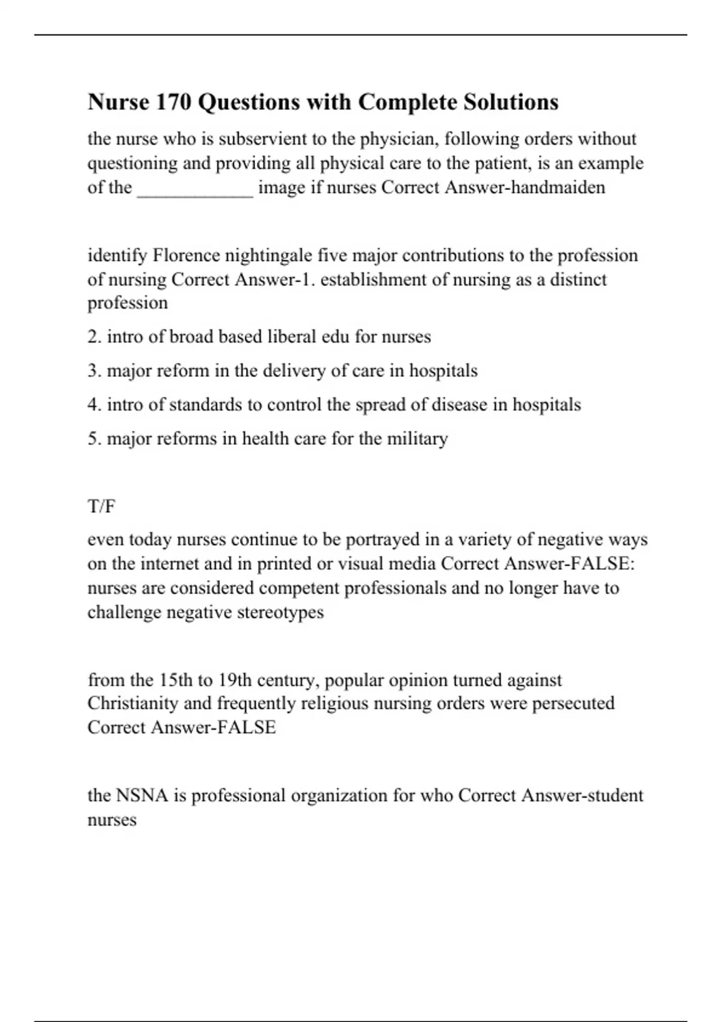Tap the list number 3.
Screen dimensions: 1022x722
point(93,370)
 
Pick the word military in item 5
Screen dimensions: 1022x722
point(417,439)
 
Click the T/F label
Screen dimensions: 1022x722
point(101,507)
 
